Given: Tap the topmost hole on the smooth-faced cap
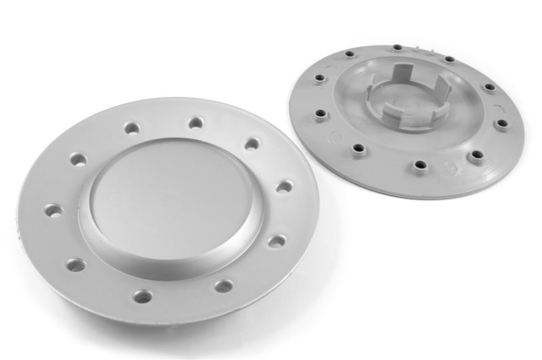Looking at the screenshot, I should (195, 123).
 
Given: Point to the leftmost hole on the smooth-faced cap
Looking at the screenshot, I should (53, 210).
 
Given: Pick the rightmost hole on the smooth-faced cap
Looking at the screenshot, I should (285, 186).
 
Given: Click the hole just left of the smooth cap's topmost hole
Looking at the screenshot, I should (131, 128).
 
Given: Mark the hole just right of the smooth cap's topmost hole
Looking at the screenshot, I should (252, 143).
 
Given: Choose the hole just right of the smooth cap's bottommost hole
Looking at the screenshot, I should (223, 285).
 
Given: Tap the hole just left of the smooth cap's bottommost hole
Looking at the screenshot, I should (75, 264).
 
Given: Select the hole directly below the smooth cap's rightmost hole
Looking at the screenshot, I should (276, 240).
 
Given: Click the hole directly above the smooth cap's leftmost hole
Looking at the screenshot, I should (78, 160).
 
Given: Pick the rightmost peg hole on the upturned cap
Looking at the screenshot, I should (502, 124).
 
